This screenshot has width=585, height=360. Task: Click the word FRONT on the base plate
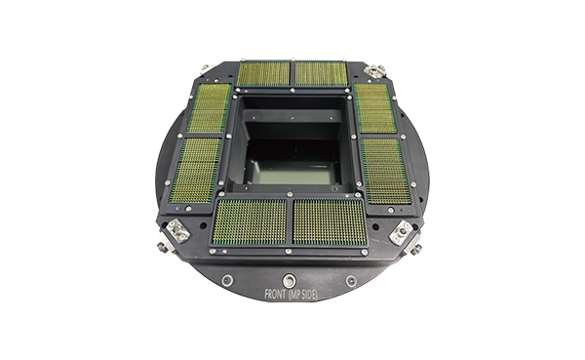(275, 294)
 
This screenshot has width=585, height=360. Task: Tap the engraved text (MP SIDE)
(302, 295)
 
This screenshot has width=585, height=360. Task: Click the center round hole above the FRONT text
(289, 279)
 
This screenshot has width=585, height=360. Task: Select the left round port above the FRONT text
(227, 280)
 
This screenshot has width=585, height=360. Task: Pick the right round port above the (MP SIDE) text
(351, 281)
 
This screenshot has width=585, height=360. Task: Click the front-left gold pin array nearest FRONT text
(250, 221)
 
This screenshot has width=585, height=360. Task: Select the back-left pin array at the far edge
(264, 73)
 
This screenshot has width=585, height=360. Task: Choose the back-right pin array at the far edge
(321, 73)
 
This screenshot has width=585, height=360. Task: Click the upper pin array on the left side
(210, 108)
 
